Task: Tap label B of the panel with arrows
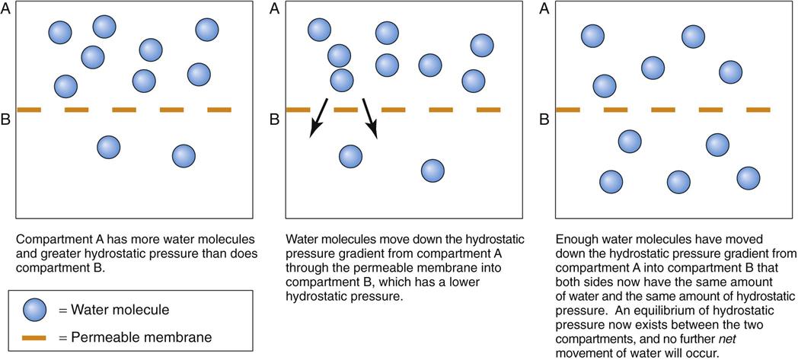coord(274,119)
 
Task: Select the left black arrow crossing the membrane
coord(319,117)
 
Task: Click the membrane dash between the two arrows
coord(346,110)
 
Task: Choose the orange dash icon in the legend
coord(37,336)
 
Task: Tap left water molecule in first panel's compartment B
coord(109,147)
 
